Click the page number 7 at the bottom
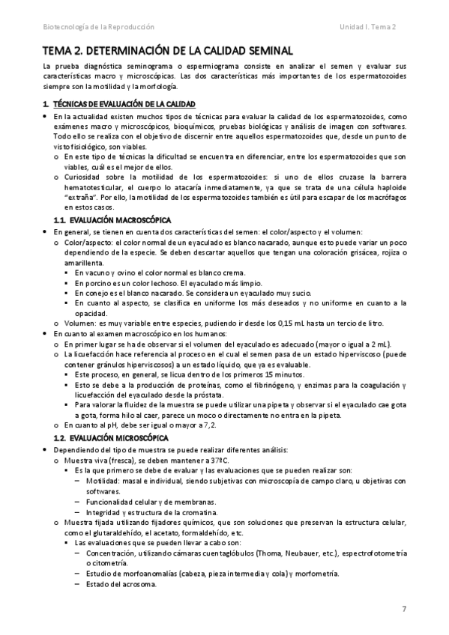pyautogui.click(x=403, y=610)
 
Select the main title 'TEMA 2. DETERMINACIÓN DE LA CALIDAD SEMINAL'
pyautogui.click(x=168, y=51)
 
